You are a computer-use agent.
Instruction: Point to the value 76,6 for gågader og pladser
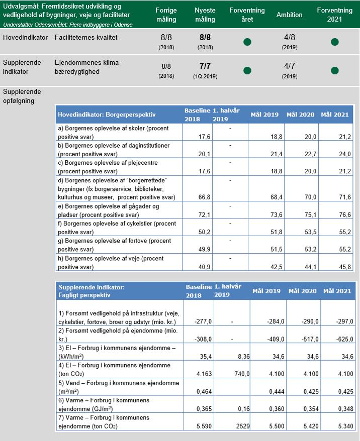point(341,214)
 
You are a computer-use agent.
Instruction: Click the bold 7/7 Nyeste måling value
point(205,66)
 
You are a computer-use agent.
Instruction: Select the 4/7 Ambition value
point(289,66)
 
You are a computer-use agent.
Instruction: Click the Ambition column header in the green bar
point(289,15)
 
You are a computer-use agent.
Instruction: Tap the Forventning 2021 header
point(334,15)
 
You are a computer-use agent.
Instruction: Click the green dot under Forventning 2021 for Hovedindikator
point(335,42)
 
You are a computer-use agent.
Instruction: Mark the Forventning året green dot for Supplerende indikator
point(247,70)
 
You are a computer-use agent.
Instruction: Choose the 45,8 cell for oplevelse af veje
point(341,267)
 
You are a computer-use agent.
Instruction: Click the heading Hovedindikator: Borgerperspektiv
point(107,115)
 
